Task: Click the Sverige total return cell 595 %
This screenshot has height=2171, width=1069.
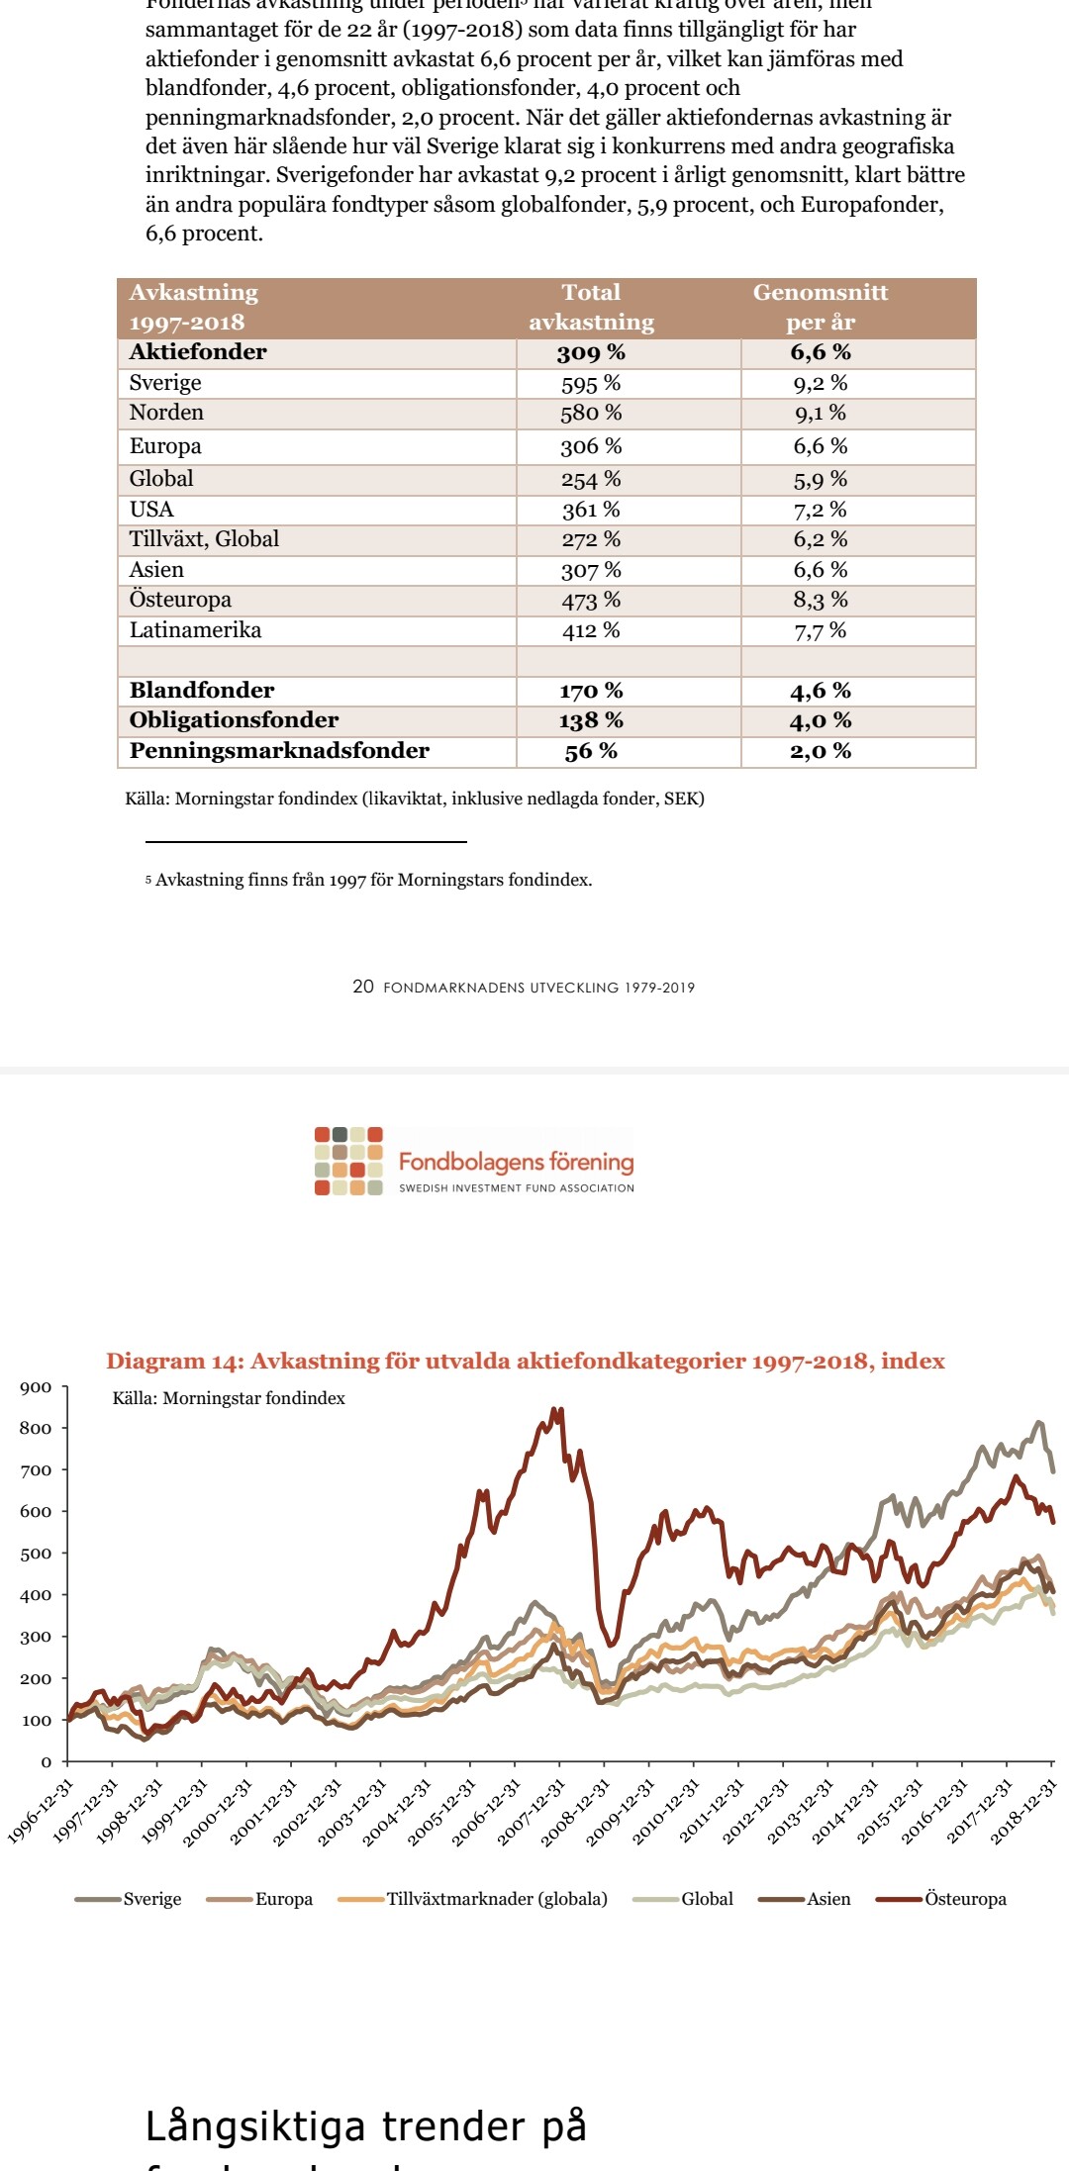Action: click(591, 384)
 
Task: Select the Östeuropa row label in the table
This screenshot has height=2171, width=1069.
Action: click(180, 600)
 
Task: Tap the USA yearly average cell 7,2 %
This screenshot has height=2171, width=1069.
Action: click(821, 510)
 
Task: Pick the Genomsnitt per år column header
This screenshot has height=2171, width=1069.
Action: click(821, 307)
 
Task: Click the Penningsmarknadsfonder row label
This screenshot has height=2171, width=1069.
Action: click(279, 751)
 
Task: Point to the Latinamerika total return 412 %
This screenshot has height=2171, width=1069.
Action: click(591, 630)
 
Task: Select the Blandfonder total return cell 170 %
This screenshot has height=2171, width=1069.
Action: click(591, 691)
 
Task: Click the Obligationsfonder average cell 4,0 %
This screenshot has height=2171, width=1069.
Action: click(821, 721)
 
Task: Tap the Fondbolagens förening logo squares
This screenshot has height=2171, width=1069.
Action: click(348, 1161)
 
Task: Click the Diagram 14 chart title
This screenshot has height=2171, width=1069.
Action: click(526, 1361)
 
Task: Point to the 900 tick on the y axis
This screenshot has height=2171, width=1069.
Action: click(36, 1387)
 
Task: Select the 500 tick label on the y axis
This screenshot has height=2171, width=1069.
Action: click(36, 1554)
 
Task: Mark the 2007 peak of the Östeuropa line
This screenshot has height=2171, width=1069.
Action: click(557, 1410)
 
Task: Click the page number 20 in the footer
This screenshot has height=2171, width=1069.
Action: click(363, 987)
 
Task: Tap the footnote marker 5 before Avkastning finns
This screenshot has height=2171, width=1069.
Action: click(148, 881)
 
